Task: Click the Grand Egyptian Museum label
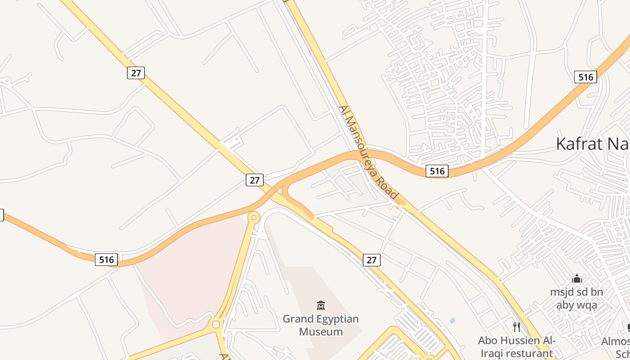coord(321,325)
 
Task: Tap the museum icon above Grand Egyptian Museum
coord(321,306)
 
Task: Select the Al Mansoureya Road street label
coord(369,153)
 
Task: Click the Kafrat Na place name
coord(592,144)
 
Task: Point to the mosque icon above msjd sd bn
coord(577,279)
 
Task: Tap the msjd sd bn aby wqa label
coord(576,299)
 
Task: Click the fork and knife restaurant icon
coord(517,327)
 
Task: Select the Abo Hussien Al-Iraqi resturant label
coord(517,346)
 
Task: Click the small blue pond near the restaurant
coord(452,320)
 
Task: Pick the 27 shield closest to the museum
coord(372,260)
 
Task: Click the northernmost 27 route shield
coord(136,72)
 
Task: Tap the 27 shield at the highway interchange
coord(255,180)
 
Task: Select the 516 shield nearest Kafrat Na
coord(585,77)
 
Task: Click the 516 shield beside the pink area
coord(107,259)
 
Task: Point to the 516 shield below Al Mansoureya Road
coord(437,171)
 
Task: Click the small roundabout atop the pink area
coord(254,218)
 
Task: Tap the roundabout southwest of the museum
coord(216,324)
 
